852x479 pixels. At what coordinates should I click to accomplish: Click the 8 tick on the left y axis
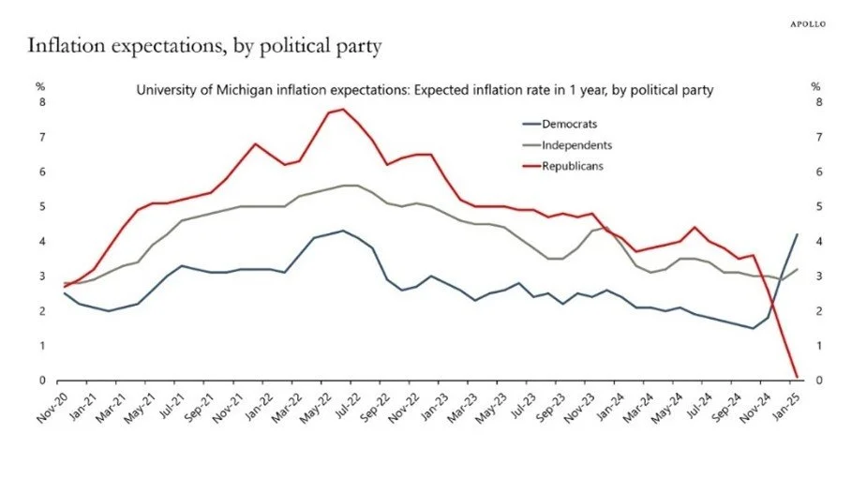(41, 102)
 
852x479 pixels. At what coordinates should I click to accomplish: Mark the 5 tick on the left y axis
(41, 206)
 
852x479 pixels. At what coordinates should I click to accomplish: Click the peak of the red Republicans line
(342, 110)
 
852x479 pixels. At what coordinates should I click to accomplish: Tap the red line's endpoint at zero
(796, 377)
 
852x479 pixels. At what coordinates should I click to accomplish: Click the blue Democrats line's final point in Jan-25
(796, 234)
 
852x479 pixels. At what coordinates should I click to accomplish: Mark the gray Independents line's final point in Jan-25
(796, 269)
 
